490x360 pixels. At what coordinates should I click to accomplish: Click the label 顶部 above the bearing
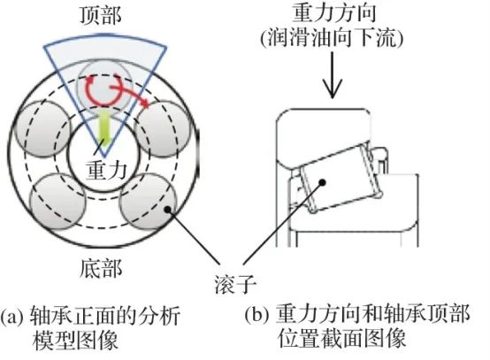(101, 16)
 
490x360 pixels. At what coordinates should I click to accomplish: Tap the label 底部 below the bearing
(101, 268)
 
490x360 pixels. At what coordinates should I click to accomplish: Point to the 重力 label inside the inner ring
(106, 171)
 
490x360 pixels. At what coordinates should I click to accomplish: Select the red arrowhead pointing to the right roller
(144, 103)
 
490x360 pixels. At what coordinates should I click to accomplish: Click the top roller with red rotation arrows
(104, 88)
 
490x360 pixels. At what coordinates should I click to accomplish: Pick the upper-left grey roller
(43, 129)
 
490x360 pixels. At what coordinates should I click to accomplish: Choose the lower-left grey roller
(58, 202)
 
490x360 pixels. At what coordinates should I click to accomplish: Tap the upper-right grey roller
(162, 129)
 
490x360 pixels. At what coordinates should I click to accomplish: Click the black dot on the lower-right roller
(168, 210)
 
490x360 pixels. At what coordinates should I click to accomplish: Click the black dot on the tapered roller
(323, 182)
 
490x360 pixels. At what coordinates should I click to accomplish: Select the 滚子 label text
(235, 285)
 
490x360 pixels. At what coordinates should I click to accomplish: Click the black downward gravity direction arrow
(333, 75)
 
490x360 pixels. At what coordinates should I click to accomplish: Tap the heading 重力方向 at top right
(334, 13)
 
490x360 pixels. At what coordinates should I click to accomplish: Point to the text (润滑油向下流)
(332, 38)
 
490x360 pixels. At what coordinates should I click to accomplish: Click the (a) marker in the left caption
(11, 317)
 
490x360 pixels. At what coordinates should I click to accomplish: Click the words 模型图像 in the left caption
(75, 340)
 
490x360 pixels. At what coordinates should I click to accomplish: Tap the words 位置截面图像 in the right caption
(342, 338)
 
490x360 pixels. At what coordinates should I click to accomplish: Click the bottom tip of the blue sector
(104, 156)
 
